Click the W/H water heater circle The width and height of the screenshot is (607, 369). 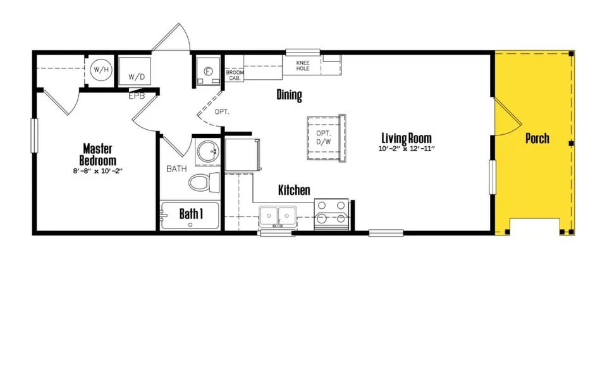[101, 70]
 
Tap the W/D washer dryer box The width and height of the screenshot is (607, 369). [134, 71]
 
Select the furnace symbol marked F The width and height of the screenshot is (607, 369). [208, 71]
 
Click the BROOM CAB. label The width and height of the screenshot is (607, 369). [235, 75]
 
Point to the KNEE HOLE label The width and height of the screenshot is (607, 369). [303, 65]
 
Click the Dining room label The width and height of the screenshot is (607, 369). [289, 94]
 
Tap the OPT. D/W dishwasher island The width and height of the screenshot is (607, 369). [326, 137]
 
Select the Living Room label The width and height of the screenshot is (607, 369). [407, 138]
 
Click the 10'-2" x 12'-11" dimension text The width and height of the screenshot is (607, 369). [407, 149]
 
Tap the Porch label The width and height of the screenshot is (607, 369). [537, 138]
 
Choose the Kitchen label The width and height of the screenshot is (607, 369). [294, 190]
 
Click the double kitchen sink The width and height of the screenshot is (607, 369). [278, 216]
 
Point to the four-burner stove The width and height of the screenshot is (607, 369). [331, 215]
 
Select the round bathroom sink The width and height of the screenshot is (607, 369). [208, 152]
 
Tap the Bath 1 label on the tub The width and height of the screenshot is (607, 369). [191, 213]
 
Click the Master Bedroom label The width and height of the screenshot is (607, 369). [97, 154]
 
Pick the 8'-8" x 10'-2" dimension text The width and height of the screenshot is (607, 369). [97, 170]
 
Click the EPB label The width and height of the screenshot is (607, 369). [137, 96]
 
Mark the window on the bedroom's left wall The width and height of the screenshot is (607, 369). [34, 135]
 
